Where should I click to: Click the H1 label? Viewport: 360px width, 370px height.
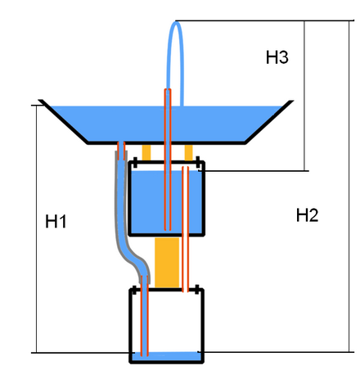click(x=56, y=221)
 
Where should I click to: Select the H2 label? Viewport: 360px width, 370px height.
click(x=308, y=215)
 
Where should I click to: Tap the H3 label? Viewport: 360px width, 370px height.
click(x=277, y=57)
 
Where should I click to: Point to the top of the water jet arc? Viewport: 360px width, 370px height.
click(x=177, y=22)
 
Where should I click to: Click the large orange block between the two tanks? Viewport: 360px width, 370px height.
click(x=167, y=263)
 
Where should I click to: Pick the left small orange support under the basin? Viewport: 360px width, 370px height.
click(x=146, y=152)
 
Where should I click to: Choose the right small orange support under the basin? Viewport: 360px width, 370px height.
click(x=189, y=152)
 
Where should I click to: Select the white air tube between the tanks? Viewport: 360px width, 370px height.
click(x=186, y=229)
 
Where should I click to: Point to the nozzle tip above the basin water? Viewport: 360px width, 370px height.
click(x=168, y=89)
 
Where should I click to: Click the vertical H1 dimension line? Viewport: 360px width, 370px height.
click(x=37, y=228)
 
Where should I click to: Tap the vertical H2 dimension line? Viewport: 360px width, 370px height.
click(x=349, y=186)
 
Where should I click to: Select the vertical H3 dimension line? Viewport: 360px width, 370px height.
click(x=304, y=96)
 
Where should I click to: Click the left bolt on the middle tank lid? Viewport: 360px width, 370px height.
click(x=135, y=162)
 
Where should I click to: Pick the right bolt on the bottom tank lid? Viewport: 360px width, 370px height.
click(x=197, y=290)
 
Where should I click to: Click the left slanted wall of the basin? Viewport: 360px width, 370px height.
click(x=63, y=121)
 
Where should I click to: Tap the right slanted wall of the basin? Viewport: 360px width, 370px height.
click(x=268, y=122)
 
